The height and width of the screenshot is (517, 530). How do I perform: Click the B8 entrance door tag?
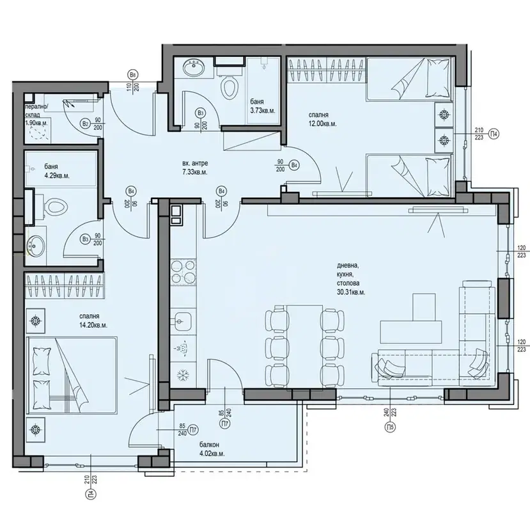point(132,74)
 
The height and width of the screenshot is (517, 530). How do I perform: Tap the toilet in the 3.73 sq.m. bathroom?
point(229,85)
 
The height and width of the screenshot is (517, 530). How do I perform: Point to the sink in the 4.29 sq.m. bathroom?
point(36,245)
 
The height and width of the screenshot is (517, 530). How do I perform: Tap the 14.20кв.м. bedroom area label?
point(93,325)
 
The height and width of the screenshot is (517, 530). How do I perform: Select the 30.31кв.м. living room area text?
point(351,292)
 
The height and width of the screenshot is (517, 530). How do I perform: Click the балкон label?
point(208,445)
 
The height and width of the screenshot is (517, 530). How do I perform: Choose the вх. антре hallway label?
point(195,163)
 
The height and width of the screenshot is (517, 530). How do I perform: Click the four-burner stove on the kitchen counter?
point(183,271)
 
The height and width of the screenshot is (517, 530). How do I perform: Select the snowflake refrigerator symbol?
point(183,374)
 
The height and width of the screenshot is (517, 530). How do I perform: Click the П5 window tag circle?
point(390,427)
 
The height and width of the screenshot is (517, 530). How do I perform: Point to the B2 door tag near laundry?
point(85,123)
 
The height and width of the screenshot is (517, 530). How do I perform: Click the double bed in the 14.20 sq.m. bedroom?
point(72,375)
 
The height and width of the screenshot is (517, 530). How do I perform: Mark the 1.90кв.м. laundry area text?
point(36,123)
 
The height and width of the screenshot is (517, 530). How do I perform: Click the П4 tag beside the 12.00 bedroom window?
point(494,134)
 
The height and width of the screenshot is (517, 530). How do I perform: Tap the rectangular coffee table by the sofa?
point(411,331)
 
